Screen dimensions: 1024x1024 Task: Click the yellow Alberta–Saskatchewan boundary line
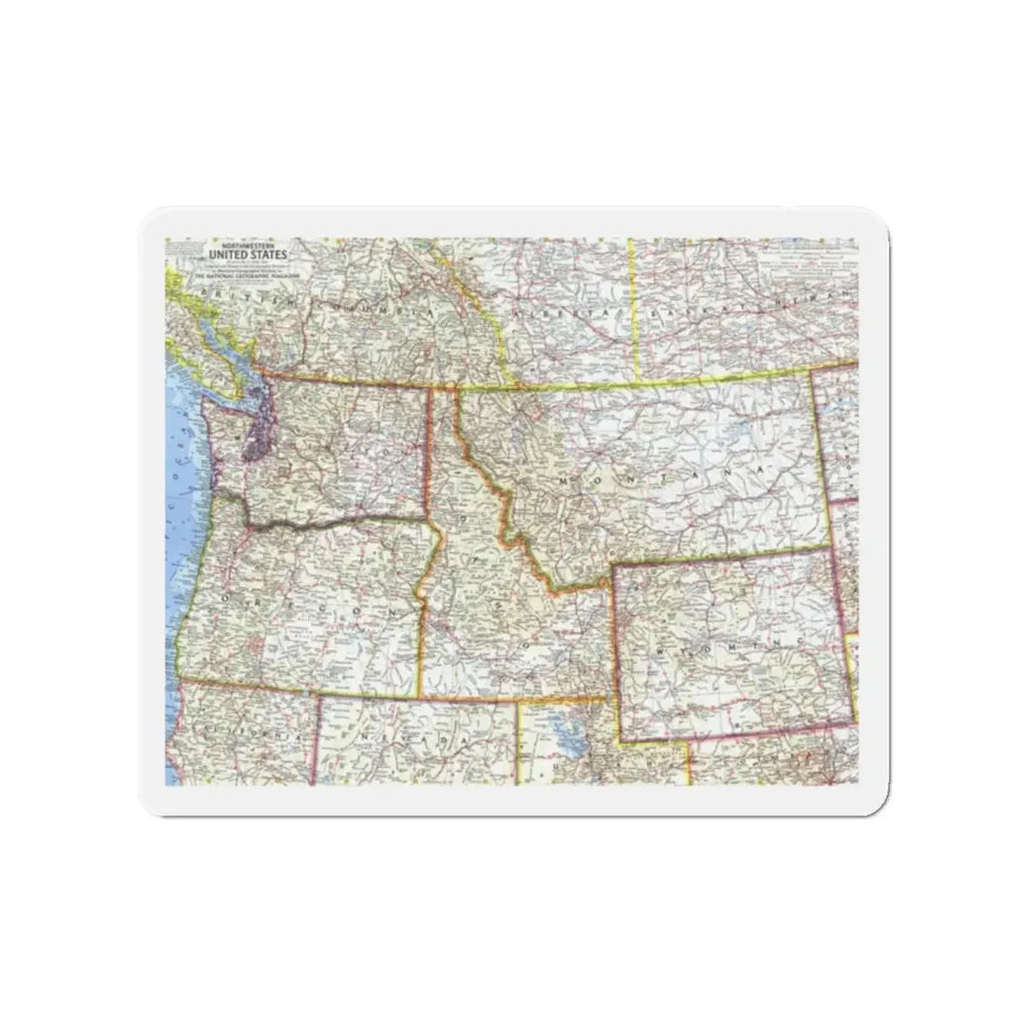pos(634,307)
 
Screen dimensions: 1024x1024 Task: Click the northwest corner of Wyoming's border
pos(612,564)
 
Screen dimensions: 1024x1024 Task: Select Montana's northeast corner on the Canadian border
pos(811,373)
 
